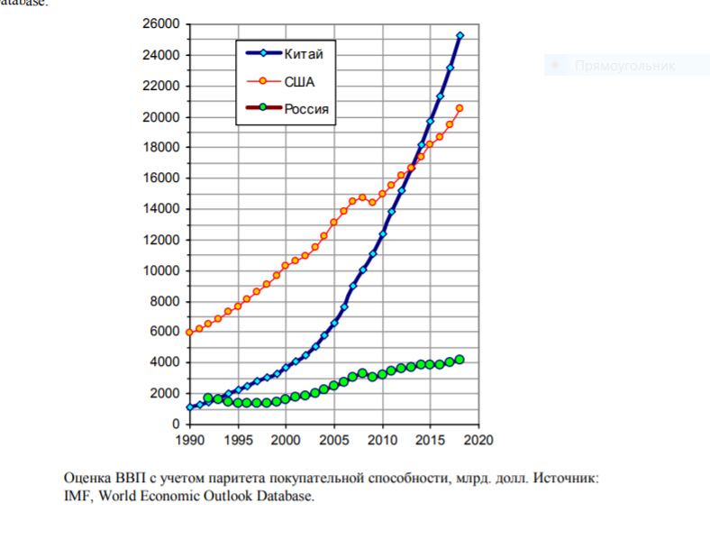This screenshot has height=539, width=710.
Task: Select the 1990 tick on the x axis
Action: click(188, 440)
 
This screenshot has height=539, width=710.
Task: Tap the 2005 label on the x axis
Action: click(333, 440)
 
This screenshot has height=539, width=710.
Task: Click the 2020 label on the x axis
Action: click(478, 440)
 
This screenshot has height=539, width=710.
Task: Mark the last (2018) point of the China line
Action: click(460, 35)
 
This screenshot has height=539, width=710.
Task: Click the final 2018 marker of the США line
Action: click(460, 108)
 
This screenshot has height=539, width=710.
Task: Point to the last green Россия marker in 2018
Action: click(460, 360)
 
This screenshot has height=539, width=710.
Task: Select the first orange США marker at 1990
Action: click(188, 332)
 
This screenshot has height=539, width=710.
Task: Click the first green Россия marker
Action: click(208, 397)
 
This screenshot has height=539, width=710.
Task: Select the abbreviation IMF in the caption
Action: click(77, 496)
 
